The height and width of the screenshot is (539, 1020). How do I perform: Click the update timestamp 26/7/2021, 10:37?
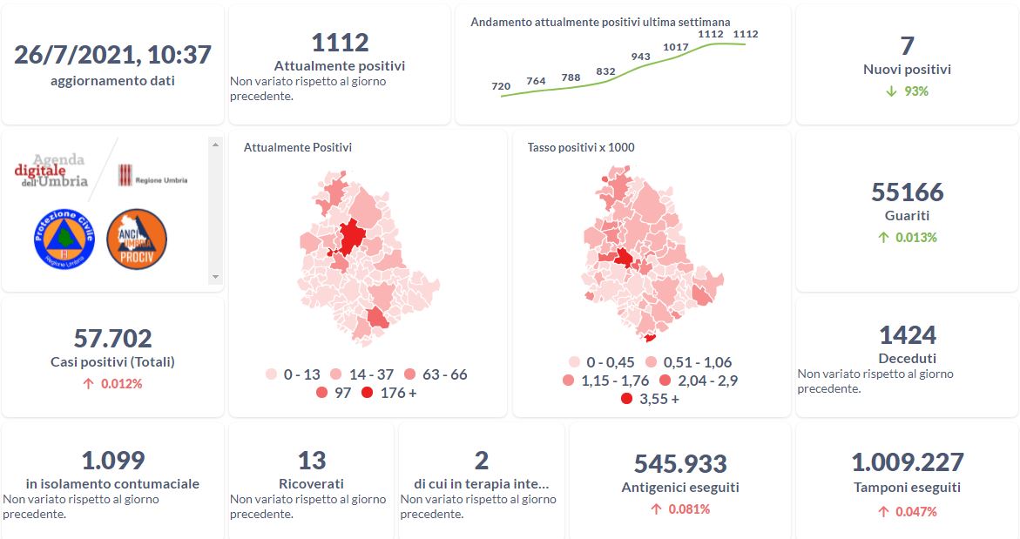(x=112, y=55)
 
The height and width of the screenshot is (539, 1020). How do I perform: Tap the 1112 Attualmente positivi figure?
(x=340, y=42)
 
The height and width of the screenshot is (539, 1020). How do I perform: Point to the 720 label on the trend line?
(x=501, y=86)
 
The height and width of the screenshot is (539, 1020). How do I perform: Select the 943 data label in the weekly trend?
(x=640, y=57)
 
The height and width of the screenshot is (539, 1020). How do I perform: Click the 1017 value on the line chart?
(x=676, y=47)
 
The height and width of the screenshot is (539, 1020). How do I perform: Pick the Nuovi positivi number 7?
(x=907, y=45)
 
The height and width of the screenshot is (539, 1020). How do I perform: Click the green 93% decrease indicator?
(x=907, y=91)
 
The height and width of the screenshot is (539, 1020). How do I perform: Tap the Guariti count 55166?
(x=907, y=192)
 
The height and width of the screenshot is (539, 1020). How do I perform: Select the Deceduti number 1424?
(x=907, y=334)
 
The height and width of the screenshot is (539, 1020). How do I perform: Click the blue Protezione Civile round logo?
(x=64, y=239)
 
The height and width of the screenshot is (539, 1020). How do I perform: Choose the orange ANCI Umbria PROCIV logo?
(x=137, y=239)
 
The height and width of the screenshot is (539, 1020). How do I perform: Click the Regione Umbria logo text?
(x=153, y=179)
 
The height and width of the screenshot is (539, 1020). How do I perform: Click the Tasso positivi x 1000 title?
(x=581, y=147)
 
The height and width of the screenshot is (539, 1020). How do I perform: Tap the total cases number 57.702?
(x=112, y=338)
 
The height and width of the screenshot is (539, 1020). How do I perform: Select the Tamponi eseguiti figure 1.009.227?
(x=907, y=462)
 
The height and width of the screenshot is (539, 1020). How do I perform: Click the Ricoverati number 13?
(x=311, y=460)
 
